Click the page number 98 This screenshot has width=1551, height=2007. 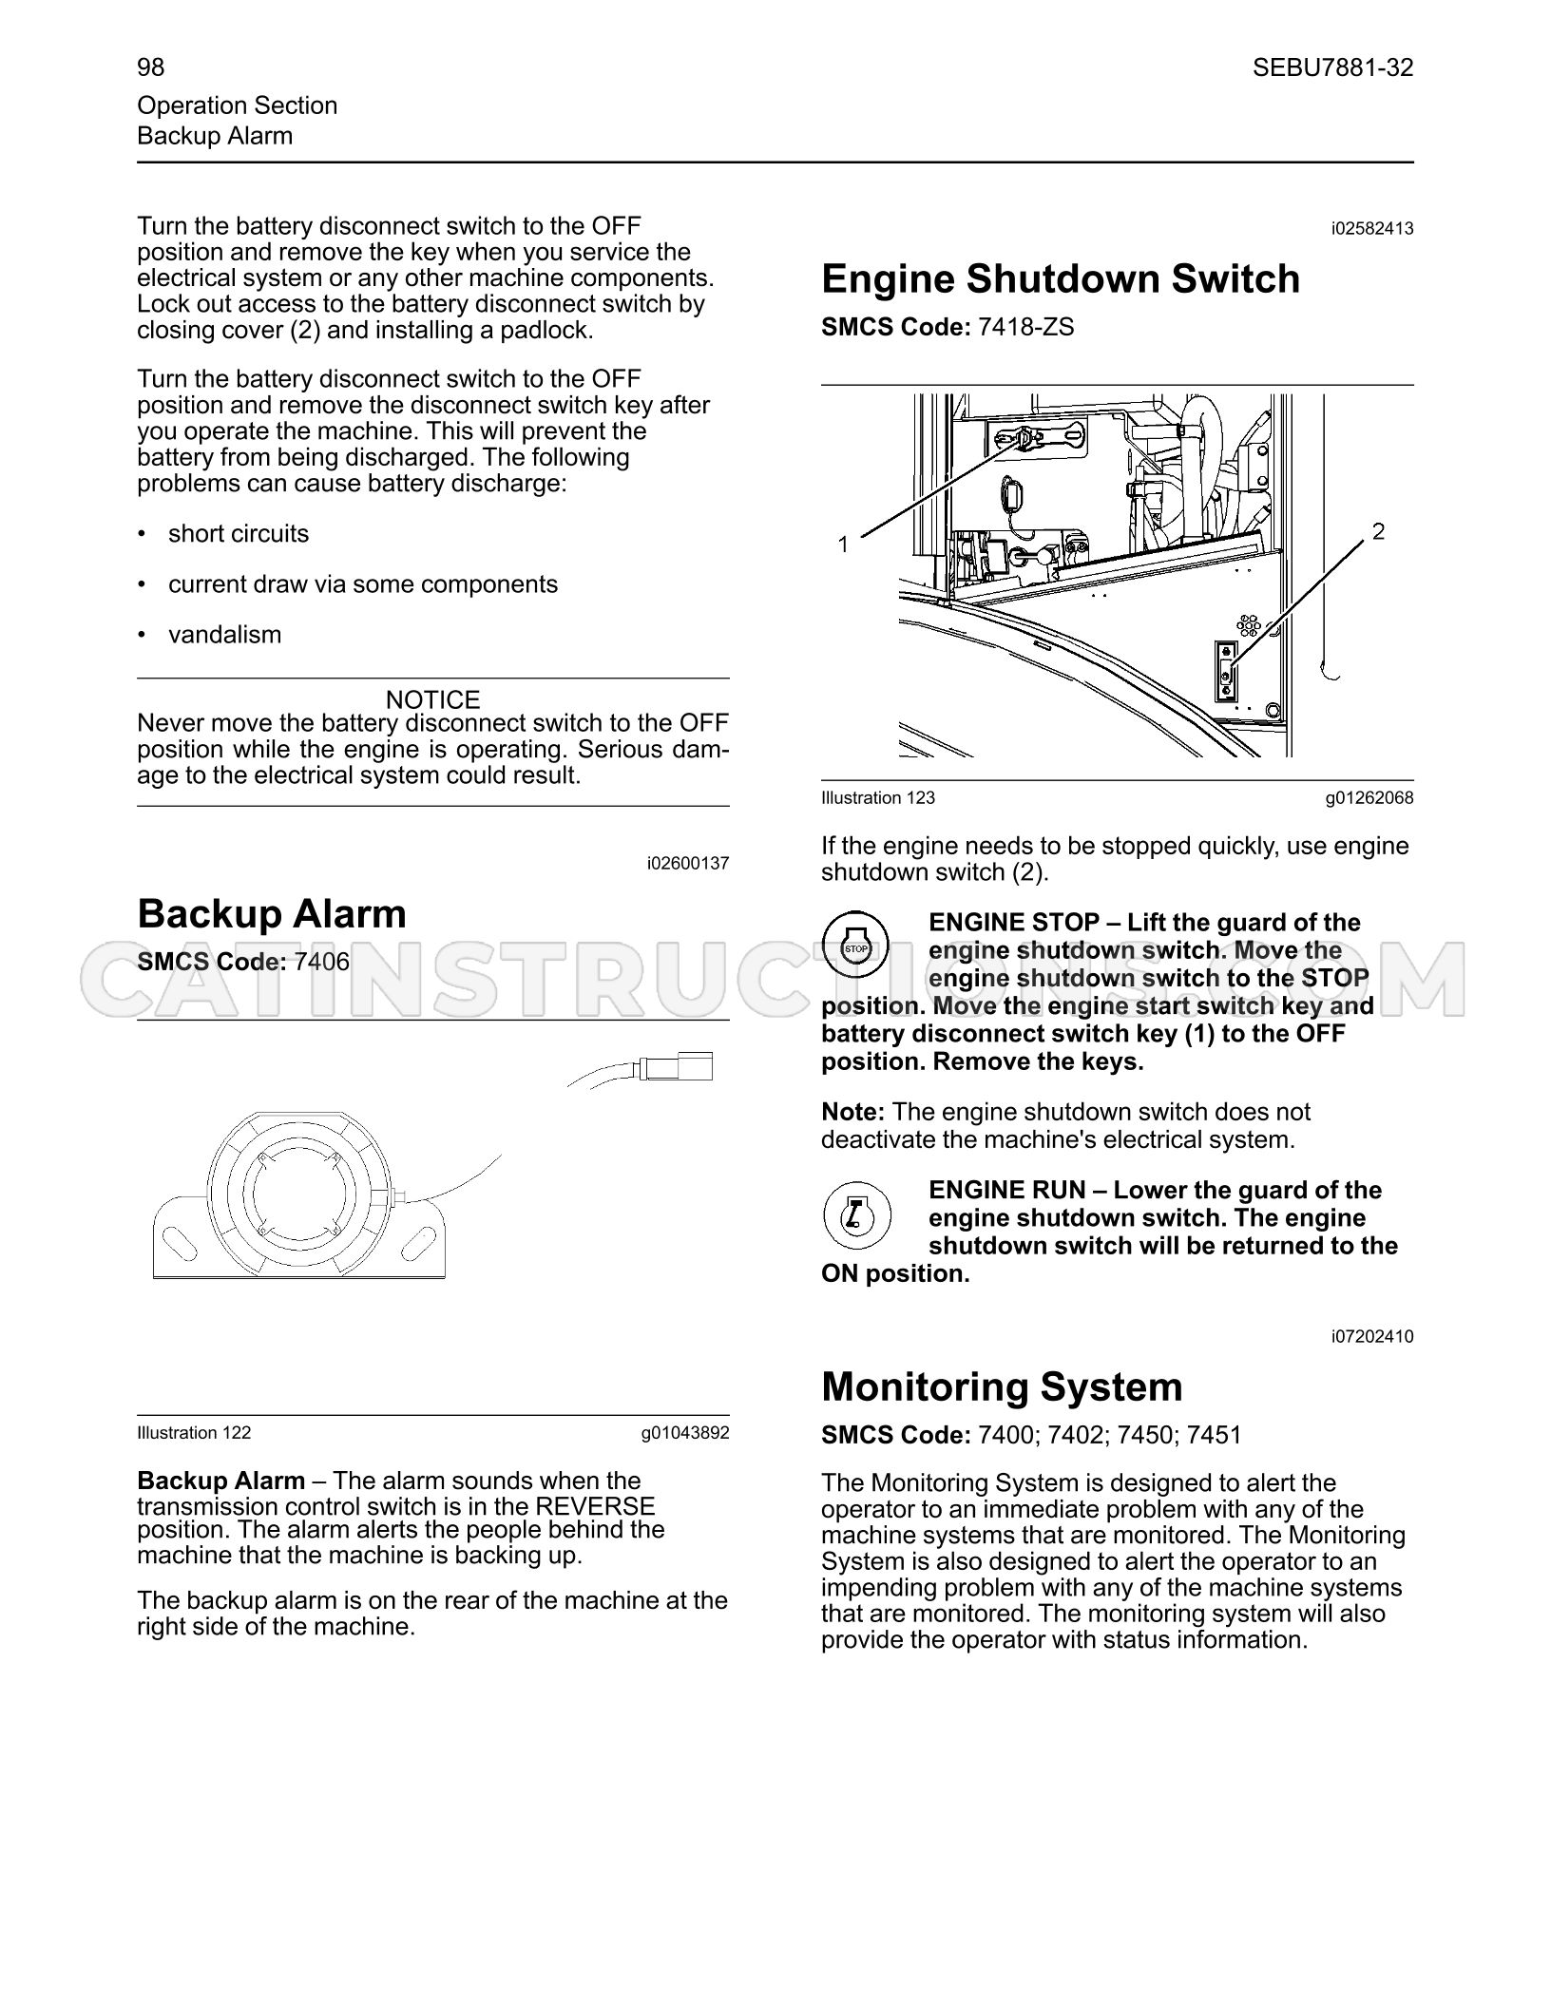[x=150, y=67]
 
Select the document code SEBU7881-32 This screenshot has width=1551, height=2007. [x=1332, y=67]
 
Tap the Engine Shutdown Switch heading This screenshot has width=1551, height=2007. [x=1061, y=279]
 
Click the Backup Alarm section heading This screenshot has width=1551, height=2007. [x=272, y=914]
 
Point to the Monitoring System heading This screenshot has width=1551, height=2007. [x=1002, y=1386]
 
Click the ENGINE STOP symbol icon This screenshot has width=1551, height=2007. [x=856, y=947]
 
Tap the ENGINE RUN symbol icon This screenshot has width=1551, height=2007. [x=856, y=1215]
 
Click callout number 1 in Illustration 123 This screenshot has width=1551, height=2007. [x=843, y=545]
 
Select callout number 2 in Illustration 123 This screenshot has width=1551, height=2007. [x=1378, y=531]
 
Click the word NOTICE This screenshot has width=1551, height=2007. [x=433, y=700]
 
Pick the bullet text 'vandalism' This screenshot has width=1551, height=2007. [x=224, y=635]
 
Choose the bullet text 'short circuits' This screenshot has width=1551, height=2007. [x=239, y=534]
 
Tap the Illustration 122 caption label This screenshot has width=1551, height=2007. [x=194, y=1433]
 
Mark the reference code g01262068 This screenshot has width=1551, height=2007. [x=1369, y=798]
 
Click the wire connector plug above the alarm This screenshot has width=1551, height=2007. [x=678, y=1068]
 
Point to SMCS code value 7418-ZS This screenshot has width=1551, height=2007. [x=1026, y=328]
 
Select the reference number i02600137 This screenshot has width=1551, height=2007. [x=688, y=864]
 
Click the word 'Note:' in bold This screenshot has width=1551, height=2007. [x=853, y=1112]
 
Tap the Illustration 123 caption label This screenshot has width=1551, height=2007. [x=878, y=798]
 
